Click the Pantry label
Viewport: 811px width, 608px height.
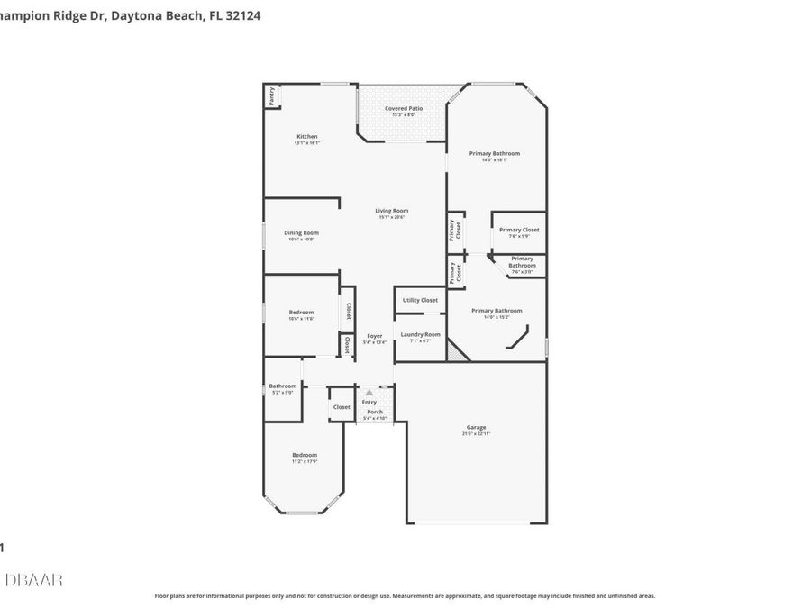270,96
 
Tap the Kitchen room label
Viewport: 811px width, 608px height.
306,139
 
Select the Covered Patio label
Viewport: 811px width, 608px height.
403,111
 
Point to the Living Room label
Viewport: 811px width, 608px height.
392,213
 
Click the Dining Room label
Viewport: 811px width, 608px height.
303,235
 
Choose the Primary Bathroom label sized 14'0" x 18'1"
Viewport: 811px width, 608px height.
494,156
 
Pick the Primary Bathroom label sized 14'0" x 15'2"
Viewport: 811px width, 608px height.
496,313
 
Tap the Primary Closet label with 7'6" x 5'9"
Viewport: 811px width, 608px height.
519,232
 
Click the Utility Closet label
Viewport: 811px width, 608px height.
420,300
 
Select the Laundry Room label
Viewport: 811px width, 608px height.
420,337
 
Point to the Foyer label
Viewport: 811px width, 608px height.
374,339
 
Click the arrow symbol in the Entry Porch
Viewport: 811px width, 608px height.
368,393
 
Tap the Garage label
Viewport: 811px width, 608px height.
476,430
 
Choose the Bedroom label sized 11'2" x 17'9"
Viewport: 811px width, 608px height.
305,458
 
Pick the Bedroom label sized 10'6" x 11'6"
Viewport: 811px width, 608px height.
301,314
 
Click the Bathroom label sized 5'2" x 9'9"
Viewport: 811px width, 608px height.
282,388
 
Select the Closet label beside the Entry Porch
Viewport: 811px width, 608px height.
342,407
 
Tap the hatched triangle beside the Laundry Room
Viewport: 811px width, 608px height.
458,354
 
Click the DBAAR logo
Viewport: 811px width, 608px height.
33,580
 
